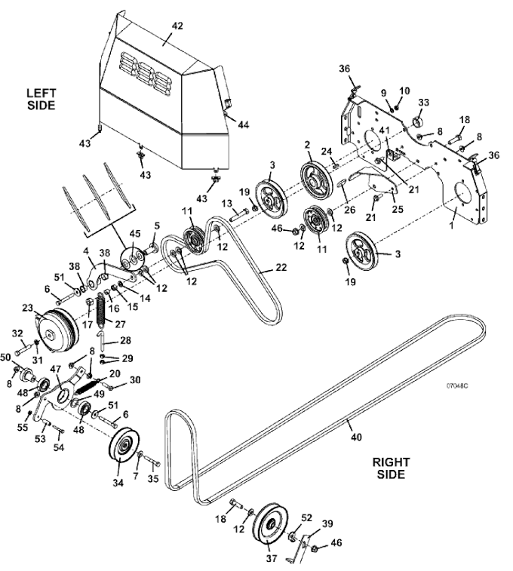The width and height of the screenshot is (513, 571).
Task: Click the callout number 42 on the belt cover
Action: (x=177, y=26)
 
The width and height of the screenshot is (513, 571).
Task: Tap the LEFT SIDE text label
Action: (x=41, y=99)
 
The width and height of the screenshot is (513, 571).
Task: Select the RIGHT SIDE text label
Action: (x=391, y=468)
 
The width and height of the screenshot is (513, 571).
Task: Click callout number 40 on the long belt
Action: (x=356, y=436)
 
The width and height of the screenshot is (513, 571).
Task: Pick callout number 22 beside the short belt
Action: (x=281, y=267)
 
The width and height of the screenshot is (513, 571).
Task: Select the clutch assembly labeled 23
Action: (x=57, y=330)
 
